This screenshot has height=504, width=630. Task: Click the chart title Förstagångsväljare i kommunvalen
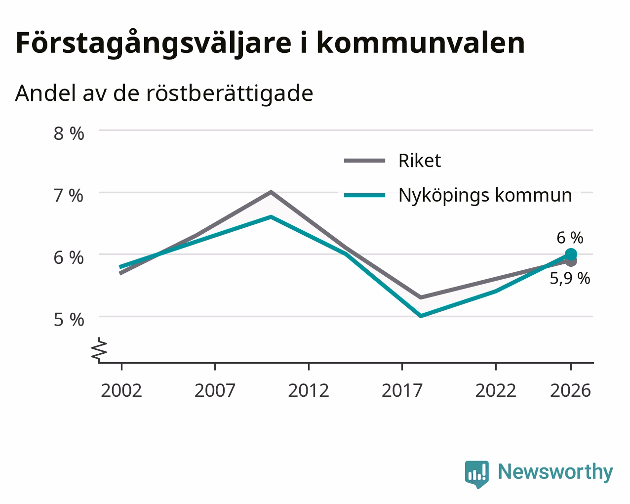(270, 43)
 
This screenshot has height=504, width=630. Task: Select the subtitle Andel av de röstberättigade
(164, 93)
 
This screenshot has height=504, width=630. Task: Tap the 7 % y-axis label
(69, 196)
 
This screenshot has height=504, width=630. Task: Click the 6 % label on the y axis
(69, 258)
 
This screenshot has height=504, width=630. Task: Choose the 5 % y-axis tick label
(69, 320)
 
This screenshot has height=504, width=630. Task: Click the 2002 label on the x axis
(121, 390)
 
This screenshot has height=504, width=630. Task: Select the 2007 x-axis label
(215, 390)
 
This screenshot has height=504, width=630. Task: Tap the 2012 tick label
(309, 390)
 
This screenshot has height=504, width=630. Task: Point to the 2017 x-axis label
(402, 390)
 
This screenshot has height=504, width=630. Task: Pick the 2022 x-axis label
(496, 390)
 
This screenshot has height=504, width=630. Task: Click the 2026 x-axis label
(571, 390)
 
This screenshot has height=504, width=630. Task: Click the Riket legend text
(420, 161)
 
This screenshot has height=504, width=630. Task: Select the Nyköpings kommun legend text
(485, 196)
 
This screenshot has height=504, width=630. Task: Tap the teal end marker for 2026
(571, 254)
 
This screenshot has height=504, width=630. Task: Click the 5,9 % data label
(570, 278)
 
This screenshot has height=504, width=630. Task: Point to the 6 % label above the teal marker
(570, 238)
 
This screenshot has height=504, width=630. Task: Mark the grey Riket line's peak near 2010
(271, 192)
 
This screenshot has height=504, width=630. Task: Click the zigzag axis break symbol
(99, 349)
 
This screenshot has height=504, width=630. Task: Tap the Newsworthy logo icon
(477, 474)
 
